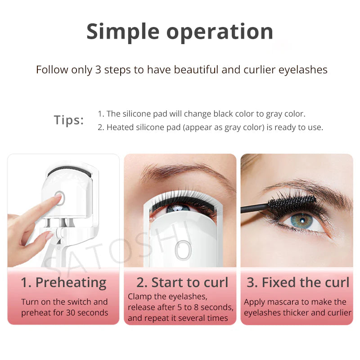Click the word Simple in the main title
coord(123,32)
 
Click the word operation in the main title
coord(220,32)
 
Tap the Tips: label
coord(69,120)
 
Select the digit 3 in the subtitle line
coord(98,70)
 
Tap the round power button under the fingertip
coord(60,198)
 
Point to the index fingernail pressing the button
coord(58,196)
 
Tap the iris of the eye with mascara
coord(302,221)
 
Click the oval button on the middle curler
coord(183,250)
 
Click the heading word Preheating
coord(71,283)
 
